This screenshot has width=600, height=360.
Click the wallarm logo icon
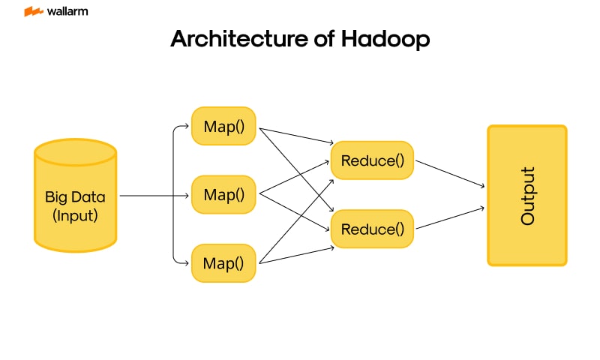pos(33,12)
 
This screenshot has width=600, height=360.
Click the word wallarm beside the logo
pos(67,12)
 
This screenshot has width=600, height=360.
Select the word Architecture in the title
pos(233,39)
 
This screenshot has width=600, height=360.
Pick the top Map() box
pos(224,126)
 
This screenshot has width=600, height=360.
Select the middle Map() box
pos(224,195)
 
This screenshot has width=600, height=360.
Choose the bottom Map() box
pos(224,262)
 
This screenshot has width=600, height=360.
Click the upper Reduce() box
pos(372,160)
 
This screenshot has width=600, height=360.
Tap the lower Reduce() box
pos(372,229)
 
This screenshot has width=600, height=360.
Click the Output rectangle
pos(526,195)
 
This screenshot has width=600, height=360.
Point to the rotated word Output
pos(527,195)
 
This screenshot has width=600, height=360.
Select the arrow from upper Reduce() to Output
pos(450,174)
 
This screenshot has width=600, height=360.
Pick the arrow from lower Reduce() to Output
pos(450,218)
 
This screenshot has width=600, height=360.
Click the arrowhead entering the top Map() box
pos(187,126)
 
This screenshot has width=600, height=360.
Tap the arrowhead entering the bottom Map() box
pos(187,263)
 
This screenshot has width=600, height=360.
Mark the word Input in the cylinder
pos(76,216)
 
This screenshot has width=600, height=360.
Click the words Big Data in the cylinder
pos(76,198)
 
